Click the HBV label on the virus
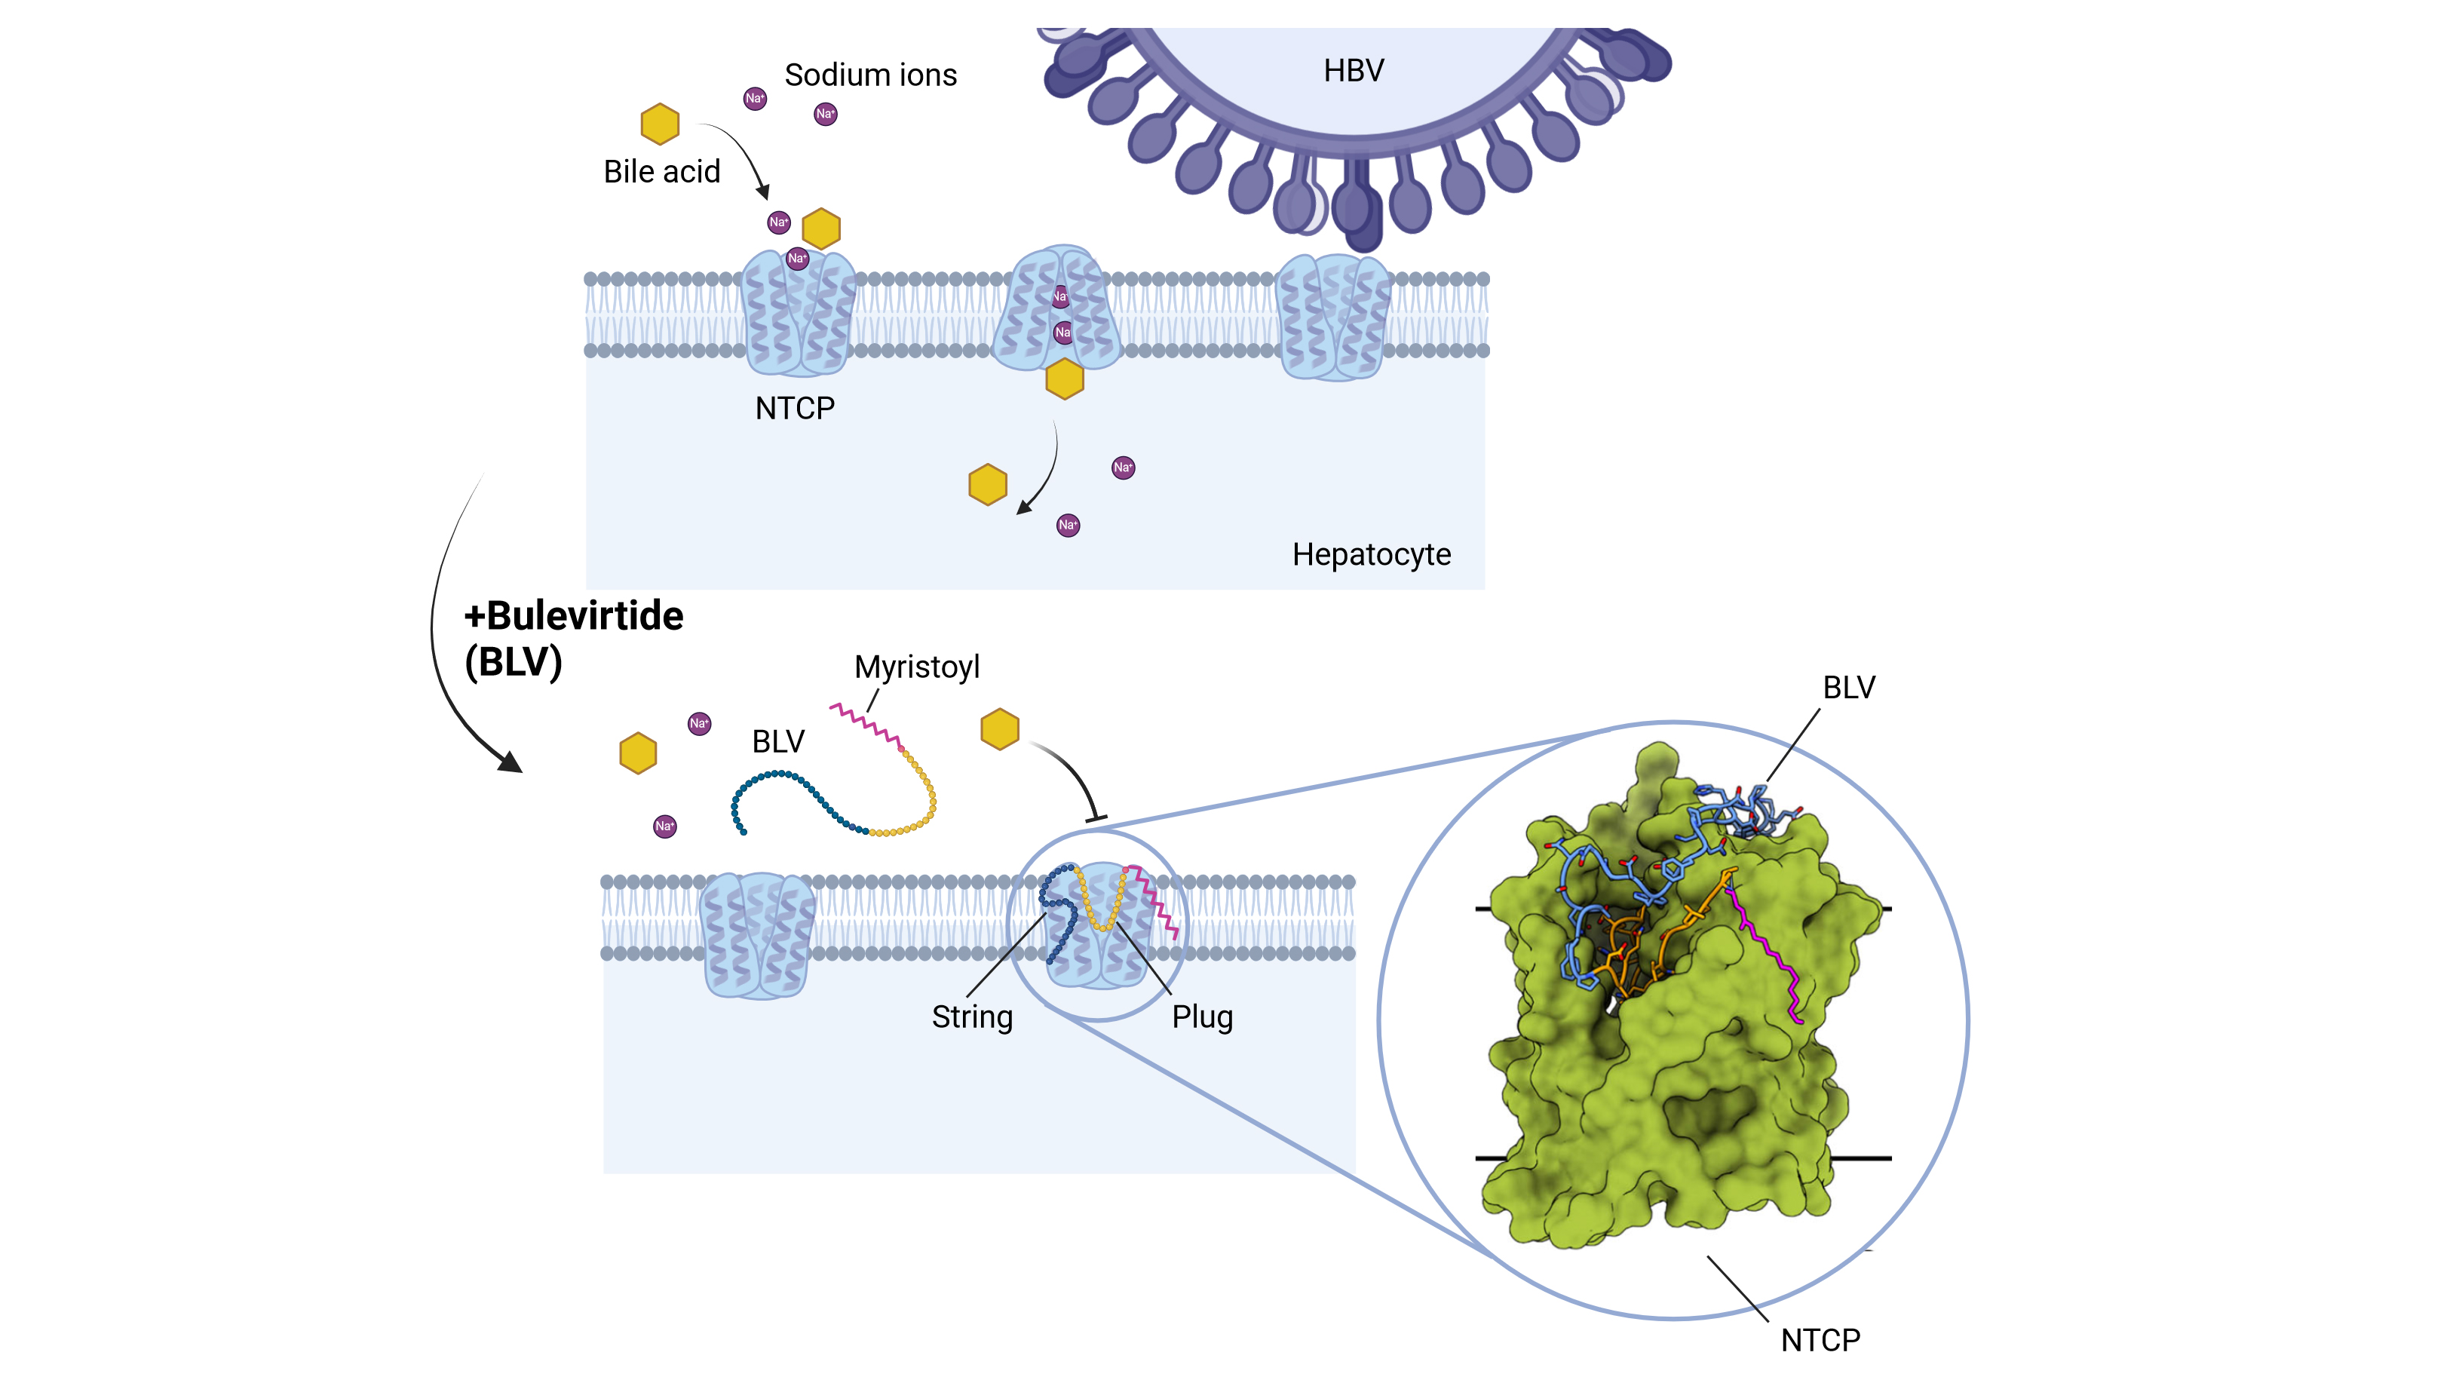[x=1353, y=71]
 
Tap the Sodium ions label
[x=869, y=75]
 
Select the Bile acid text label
[x=661, y=172]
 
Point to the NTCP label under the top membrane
[x=794, y=409]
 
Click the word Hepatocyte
[x=1371, y=554]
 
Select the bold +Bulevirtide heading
[x=574, y=617]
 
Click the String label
[x=972, y=1017]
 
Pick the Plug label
[x=1202, y=1017]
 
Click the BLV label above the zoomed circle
[x=1848, y=687]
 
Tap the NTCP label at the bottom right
[x=1820, y=1340]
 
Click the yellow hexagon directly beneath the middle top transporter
[x=1064, y=379]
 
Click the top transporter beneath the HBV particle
[x=1332, y=317]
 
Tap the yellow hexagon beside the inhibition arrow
[x=999, y=729]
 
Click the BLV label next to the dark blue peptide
[x=778, y=741]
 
